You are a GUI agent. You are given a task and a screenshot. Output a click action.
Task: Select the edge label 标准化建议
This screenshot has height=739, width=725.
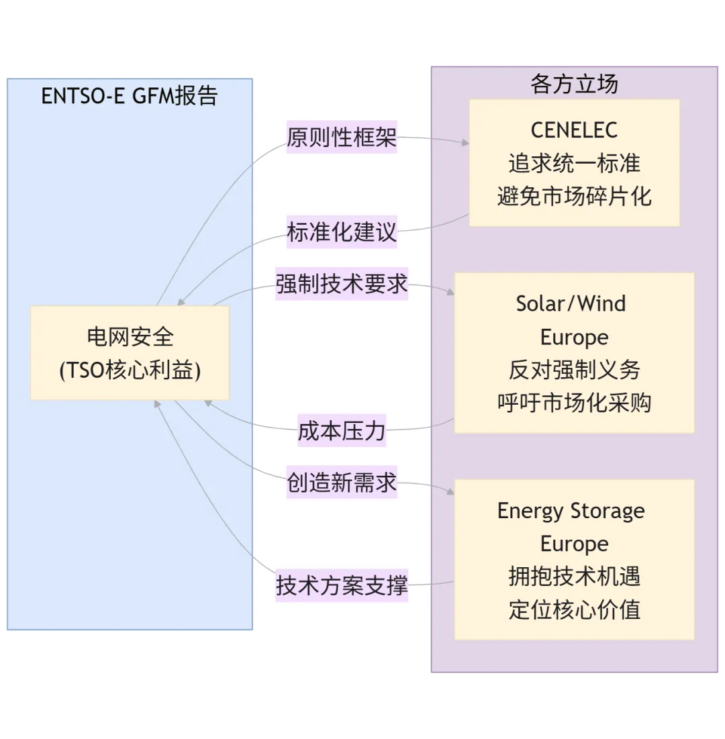[342, 232]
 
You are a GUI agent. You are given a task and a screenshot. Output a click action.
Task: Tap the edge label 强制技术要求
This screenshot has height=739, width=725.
[342, 284]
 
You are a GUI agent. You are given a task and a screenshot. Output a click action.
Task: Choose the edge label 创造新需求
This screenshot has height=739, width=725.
[342, 483]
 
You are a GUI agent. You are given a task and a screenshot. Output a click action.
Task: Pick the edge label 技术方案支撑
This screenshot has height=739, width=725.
[342, 585]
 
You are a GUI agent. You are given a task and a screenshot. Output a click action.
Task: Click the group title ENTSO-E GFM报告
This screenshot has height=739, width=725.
[130, 95]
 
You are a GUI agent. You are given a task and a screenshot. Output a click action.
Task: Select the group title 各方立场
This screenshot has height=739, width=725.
[574, 84]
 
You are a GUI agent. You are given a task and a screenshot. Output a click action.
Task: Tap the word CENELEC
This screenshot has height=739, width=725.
[574, 130]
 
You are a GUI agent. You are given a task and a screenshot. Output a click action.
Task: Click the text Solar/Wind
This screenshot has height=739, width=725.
[571, 303]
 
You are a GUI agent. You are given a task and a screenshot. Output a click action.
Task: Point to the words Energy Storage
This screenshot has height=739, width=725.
[571, 511]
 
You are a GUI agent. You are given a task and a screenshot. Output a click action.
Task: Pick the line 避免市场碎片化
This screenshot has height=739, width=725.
[574, 197]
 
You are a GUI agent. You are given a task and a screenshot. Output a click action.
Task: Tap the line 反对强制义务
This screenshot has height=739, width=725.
[574, 370]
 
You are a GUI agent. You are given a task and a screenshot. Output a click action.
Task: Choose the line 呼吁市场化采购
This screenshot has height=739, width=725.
[574, 403]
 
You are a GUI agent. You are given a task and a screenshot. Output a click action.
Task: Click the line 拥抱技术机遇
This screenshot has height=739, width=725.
[574, 577]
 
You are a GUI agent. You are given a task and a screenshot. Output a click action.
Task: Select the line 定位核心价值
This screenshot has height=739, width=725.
[574, 609]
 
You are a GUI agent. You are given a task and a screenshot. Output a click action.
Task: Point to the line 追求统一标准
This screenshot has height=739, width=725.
[574, 163]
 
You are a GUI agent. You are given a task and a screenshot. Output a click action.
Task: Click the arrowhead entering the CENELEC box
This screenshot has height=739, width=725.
[464, 142]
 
